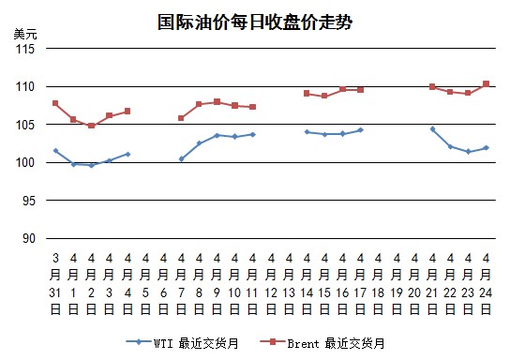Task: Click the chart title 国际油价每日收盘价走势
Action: coord(255,22)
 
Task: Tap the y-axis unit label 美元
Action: coord(25,34)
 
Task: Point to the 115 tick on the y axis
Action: coord(25,49)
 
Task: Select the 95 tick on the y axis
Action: coord(28,201)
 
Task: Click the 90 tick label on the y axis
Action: coord(28,238)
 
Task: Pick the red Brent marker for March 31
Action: coord(55,103)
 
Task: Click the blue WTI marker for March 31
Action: coord(55,151)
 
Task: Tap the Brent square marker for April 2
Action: coord(91,126)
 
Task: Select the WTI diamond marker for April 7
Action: coord(182,159)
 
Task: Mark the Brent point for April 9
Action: coord(217,102)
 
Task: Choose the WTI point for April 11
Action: coord(253,134)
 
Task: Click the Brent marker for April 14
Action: coord(307,94)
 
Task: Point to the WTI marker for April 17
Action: coord(360,130)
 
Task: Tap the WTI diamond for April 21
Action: coord(432,129)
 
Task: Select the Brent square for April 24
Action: coord(487,83)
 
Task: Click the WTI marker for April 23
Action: coord(469,152)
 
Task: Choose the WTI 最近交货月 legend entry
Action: coord(183,343)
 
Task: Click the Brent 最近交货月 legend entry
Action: coord(322,343)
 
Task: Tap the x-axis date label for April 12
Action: coord(271,283)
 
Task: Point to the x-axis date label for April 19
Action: coord(397,283)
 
